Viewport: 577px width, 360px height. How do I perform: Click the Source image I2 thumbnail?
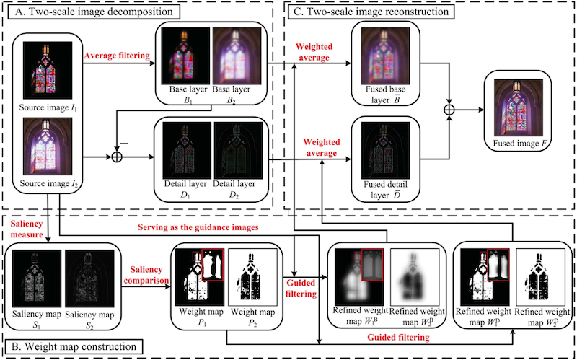pos(45,148)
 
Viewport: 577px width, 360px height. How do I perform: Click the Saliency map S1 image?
pos(32,279)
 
